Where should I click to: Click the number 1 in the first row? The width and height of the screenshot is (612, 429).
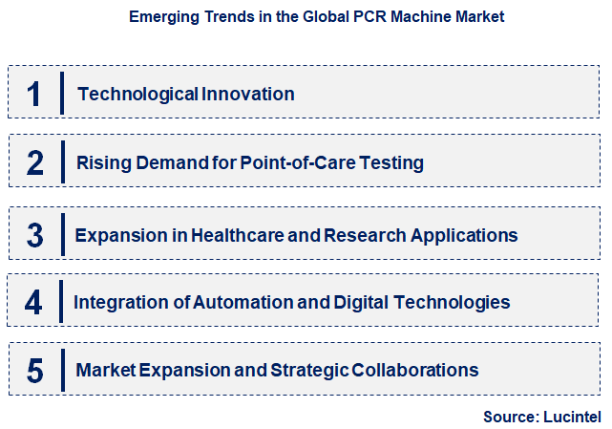coord(34,94)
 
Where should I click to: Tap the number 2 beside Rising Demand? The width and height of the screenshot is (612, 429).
coord(35,162)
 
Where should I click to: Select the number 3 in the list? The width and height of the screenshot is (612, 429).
coord(34,235)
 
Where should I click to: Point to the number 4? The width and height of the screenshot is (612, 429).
coord(34,303)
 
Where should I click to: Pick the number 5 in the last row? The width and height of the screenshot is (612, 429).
coord(34,370)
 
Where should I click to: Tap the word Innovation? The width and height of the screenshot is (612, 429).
coord(248,94)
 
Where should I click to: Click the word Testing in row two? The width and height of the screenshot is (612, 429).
coord(395,163)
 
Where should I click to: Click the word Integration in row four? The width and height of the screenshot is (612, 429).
coord(120,302)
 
